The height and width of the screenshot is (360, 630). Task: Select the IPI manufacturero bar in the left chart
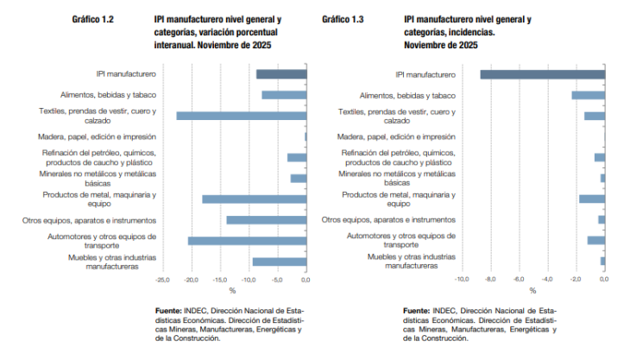coord(281,74)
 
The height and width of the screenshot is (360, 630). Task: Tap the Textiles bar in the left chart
coord(242,116)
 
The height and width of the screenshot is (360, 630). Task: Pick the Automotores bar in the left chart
coord(247,241)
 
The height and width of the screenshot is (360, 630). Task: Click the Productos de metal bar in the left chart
coord(255,199)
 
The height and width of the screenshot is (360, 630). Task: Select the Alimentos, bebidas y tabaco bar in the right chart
coord(589,95)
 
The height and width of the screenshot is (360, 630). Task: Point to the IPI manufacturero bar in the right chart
coord(543,74)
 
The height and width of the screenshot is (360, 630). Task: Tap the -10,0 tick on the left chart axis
coord(249,280)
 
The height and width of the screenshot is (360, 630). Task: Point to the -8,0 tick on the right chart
coord(490,279)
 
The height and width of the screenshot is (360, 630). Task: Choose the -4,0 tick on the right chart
coord(547,279)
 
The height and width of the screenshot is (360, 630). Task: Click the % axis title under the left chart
coord(232,290)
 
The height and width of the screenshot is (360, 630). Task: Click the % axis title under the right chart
coord(532,290)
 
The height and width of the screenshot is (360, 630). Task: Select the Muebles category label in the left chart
coord(112,262)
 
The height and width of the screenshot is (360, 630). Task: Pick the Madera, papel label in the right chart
coord(396,136)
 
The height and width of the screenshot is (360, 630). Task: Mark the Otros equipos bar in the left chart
coord(267,220)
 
